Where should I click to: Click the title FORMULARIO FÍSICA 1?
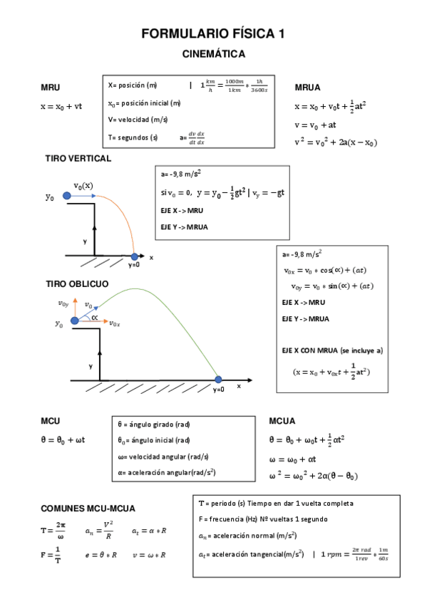coord(213,33)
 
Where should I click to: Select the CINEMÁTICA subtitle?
coord(213,54)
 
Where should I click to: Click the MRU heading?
coord(51,88)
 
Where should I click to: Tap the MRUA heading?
coord(307,88)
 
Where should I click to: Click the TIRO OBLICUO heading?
coord(77,283)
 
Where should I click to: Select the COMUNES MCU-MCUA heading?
coord(88,509)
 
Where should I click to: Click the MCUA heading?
coord(282,421)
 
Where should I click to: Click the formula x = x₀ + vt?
coord(61,106)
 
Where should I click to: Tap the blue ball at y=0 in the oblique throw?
coord(219,379)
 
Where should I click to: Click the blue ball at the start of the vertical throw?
coord(66,195)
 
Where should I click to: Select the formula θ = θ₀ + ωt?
coord(63,439)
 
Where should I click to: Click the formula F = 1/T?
coord(51,555)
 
